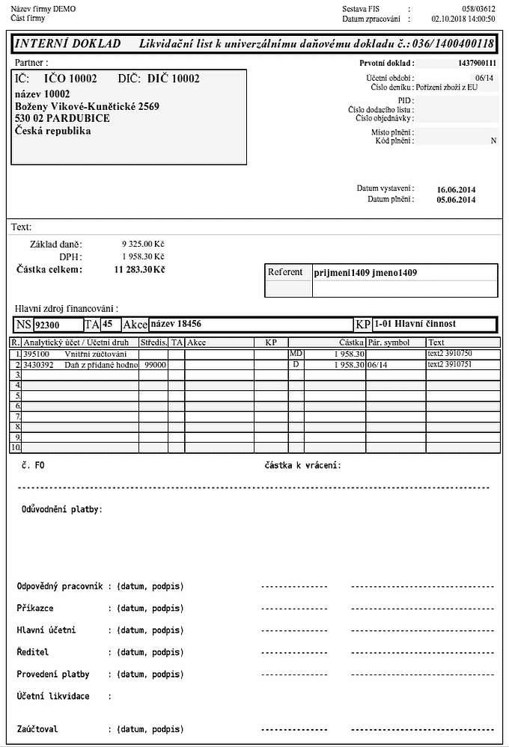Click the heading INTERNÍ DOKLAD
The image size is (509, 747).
click(67, 44)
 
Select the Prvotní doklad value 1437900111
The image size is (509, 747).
click(477, 64)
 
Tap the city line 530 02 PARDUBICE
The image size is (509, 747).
click(63, 119)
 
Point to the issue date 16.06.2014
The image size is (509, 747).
click(456, 189)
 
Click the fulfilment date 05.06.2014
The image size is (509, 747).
click(456, 200)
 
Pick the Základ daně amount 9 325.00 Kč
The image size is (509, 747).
click(143, 245)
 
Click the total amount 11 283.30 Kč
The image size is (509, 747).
click(139, 269)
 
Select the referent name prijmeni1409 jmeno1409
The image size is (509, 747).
click(365, 273)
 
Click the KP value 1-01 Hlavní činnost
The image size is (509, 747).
click(415, 325)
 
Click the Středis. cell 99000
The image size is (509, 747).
click(155, 364)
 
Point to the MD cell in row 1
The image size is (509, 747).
click(296, 353)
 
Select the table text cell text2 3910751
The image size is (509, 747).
click(449, 364)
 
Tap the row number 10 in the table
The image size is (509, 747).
click(15, 447)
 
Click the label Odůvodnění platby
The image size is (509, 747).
click(61, 510)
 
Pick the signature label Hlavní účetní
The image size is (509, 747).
click(46, 630)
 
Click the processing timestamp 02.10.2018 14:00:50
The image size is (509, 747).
click(463, 17)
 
